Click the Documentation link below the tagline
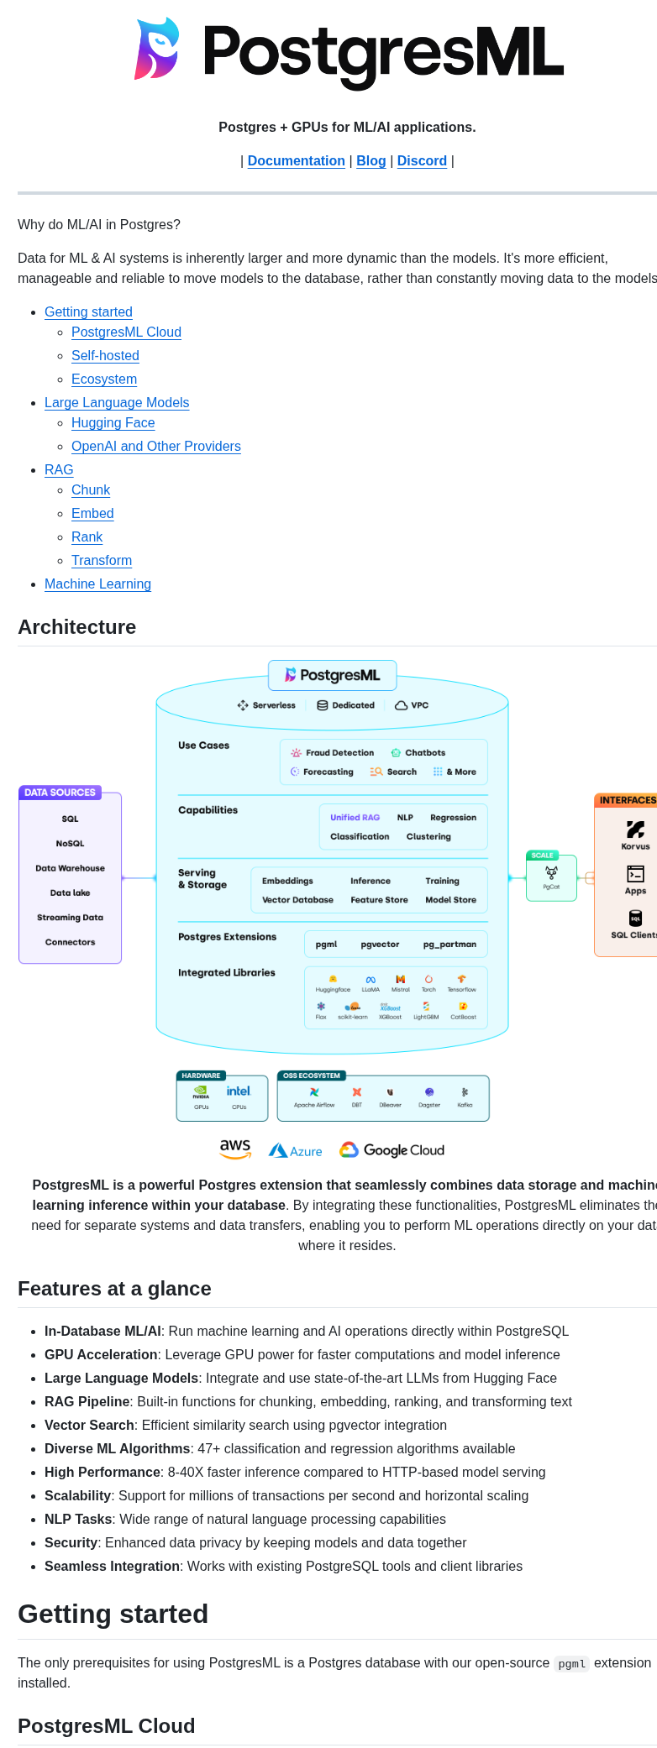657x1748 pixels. [296, 161]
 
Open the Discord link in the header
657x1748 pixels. [422, 161]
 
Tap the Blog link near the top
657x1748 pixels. [371, 161]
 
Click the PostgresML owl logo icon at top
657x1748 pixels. [157, 49]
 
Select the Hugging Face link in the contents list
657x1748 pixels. [113, 423]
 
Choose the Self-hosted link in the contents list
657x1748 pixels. [105, 356]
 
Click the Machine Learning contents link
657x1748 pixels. [97, 584]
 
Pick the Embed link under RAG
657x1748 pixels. [92, 514]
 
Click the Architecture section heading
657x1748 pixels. [76, 627]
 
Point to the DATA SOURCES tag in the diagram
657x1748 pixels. [60, 793]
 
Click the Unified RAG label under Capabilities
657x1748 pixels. [355, 818]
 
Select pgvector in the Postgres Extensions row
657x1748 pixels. [380, 945]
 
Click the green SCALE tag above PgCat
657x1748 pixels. [542, 856]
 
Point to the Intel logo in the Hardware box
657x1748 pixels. [239, 1091]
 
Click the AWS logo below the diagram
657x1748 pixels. [235, 1149]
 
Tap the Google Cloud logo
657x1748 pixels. [392, 1150]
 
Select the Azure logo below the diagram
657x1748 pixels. [295, 1151]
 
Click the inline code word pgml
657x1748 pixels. [571, 1663]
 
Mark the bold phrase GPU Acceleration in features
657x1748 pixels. [101, 1355]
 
